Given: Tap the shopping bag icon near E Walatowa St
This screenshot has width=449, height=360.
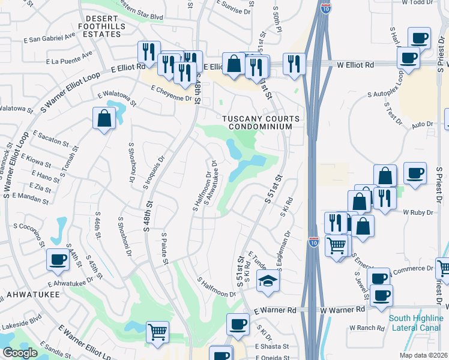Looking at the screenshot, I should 104,118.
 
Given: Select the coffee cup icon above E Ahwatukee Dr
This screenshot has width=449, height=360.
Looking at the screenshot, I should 58,260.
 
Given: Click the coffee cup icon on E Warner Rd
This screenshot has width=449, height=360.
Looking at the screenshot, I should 238,325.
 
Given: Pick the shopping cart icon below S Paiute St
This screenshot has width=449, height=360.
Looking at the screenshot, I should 157,331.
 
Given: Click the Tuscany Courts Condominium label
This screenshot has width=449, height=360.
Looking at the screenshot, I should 260,122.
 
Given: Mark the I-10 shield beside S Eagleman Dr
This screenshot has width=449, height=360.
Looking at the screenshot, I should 313,242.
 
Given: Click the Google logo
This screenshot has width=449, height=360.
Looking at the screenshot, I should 20,353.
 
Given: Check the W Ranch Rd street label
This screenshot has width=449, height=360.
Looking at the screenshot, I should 367,328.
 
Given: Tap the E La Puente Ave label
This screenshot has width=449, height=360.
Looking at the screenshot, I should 69,58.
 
